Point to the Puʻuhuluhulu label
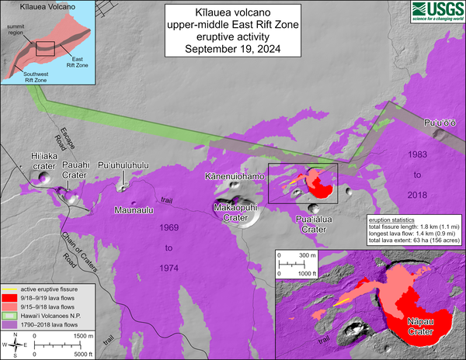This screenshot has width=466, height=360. (x=123, y=164)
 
